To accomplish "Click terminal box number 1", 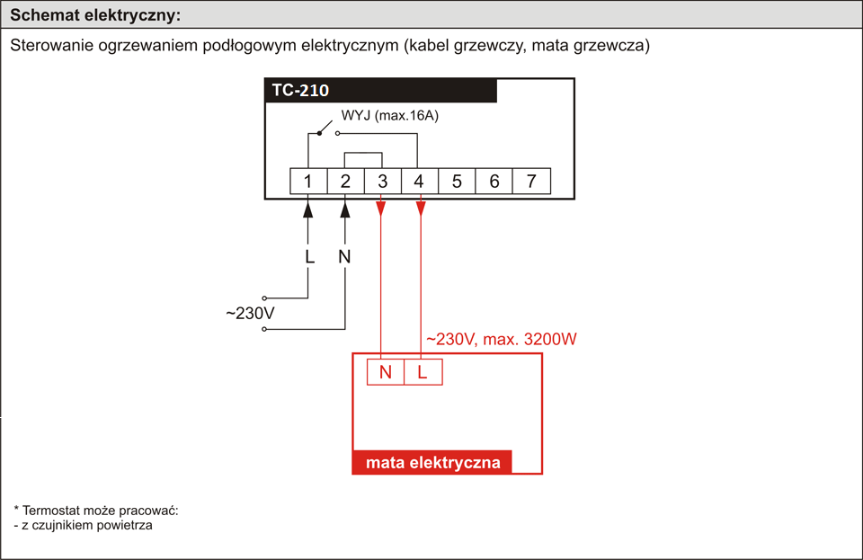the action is point(308,181).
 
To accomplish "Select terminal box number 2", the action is point(345,181).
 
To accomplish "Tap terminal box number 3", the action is point(383,181).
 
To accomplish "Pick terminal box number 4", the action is point(420,181).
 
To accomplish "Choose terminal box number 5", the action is point(457,181).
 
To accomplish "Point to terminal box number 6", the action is point(494,181).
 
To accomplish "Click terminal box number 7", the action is point(531,181).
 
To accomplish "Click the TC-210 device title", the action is point(300,90).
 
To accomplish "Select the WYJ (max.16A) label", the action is point(389,116).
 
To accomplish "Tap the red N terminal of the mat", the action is point(386,372).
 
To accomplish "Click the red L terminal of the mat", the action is point(423,372).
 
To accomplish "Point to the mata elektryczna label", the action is point(433,462).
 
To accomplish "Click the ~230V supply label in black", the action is point(250,313).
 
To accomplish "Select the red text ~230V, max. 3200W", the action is point(502,339).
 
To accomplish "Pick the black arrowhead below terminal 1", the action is point(308,209).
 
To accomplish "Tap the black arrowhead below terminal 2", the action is point(345,209).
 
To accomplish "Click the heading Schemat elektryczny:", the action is point(95,15).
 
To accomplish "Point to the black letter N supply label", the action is point(344,256).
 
